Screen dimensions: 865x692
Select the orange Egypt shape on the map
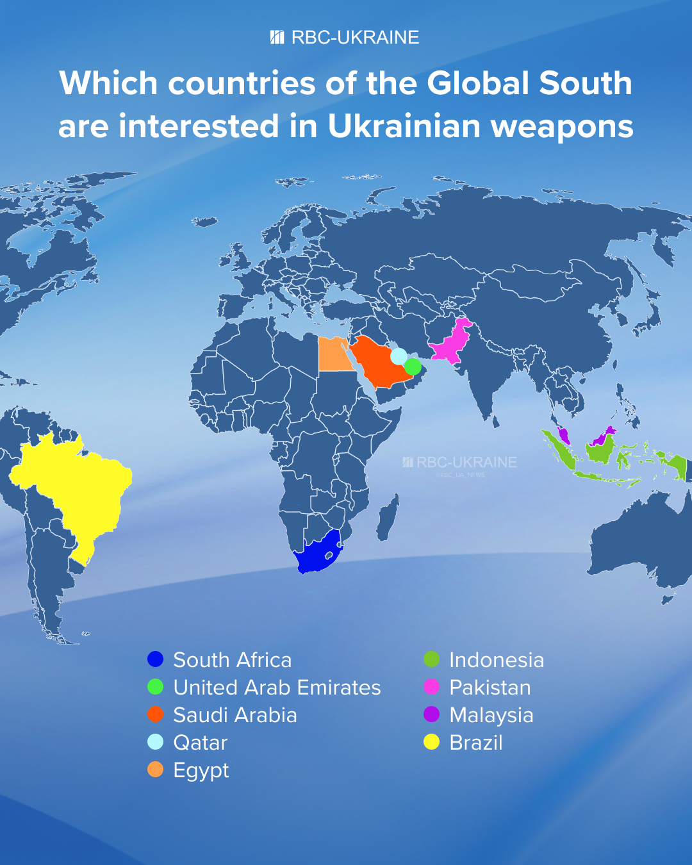click(x=333, y=355)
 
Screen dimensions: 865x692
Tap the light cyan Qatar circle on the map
click(x=399, y=356)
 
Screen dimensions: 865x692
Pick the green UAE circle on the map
click(x=413, y=367)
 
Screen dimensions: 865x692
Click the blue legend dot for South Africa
click(x=156, y=659)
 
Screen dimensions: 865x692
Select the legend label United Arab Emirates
click(x=277, y=688)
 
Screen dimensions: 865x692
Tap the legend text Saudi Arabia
click(x=235, y=715)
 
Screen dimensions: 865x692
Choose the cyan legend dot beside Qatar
click(x=156, y=742)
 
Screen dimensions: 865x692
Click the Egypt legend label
click(x=201, y=770)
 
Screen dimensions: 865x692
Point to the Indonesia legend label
click(x=497, y=660)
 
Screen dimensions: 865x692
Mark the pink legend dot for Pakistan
click(x=432, y=687)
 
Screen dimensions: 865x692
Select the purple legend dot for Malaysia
click(x=432, y=714)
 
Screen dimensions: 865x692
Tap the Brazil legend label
click(x=476, y=743)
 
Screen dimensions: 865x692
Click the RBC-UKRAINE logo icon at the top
click(x=277, y=37)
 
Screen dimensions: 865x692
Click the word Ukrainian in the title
click(x=404, y=126)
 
